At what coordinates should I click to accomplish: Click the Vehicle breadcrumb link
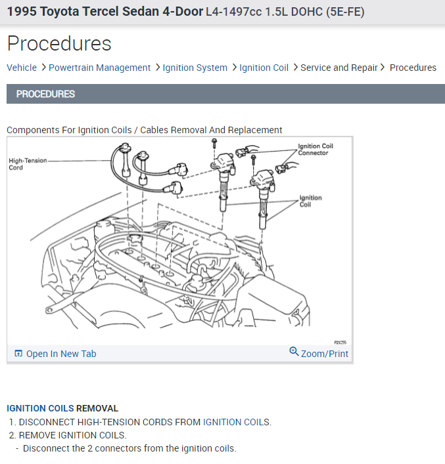(22, 68)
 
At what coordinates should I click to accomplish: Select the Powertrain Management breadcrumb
(99, 68)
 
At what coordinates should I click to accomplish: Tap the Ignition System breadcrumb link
(195, 68)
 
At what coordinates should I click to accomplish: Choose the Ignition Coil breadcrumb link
(264, 68)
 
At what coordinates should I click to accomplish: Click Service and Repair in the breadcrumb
(339, 68)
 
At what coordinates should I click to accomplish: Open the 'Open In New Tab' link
(60, 354)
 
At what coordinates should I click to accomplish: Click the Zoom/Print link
(325, 354)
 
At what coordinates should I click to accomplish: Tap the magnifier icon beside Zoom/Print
(294, 352)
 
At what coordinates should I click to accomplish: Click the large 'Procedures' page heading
(59, 43)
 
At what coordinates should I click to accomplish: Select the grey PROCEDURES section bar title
(45, 94)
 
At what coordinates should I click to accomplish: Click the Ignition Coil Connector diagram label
(315, 150)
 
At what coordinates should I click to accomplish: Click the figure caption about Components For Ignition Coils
(145, 130)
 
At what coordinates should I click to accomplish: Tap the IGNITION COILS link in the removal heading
(40, 408)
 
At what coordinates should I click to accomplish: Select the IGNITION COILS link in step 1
(236, 422)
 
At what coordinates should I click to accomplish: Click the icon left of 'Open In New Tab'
(18, 354)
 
